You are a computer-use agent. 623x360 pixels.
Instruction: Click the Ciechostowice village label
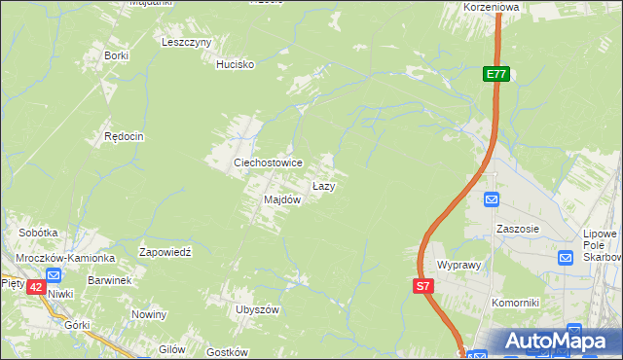267,162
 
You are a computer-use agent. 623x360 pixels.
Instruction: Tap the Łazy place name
324,185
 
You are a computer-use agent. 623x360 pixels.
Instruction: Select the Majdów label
282,199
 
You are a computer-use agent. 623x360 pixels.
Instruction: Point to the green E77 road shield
496,74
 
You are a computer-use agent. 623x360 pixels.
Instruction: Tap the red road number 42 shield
35,287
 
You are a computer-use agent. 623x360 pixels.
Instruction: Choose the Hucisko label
235,65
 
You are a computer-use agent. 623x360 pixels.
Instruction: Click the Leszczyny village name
187,43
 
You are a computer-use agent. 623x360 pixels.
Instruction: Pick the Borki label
116,55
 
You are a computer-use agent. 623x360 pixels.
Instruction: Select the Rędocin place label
125,137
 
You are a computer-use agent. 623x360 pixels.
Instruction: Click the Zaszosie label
517,229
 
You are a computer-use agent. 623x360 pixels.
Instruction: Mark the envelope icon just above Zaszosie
493,199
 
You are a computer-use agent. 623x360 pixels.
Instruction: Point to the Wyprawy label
460,265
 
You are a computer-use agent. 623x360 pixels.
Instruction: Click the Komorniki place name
515,303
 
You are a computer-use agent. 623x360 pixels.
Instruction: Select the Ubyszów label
257,309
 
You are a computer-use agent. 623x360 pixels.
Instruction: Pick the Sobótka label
39,234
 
